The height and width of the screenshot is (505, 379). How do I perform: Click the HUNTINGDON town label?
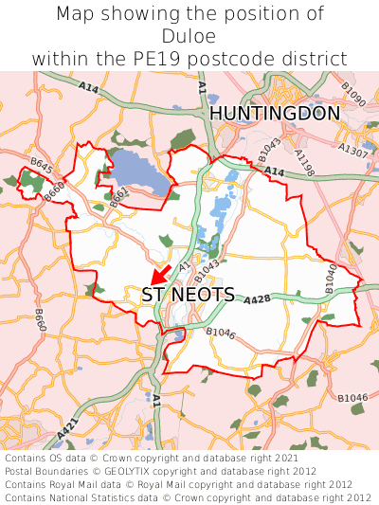tap(275, 114)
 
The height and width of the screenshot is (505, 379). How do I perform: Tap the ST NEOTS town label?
tap(189, 295)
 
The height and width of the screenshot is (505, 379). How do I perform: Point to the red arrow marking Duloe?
tap(161, 276)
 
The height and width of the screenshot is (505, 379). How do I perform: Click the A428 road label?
tap(259, 299)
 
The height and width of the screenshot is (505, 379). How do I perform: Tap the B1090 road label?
tap(353, 94)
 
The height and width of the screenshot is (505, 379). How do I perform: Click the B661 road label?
tap(118, 198)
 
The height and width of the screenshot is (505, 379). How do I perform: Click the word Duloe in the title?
tap(189, 36)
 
